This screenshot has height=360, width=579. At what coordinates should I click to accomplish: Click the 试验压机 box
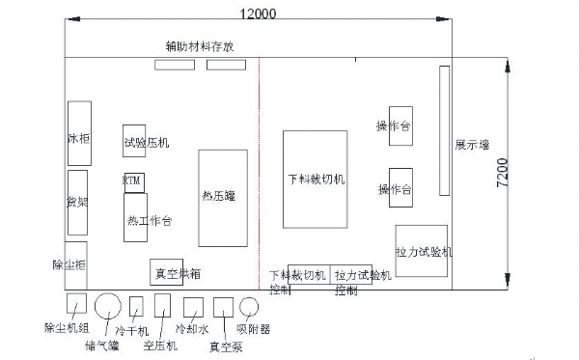(145, 142)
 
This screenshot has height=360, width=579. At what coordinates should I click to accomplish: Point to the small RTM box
(132, 180)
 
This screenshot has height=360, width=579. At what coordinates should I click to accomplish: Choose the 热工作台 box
(136, 219)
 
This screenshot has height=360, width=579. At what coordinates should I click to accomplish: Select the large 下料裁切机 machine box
(315, 179)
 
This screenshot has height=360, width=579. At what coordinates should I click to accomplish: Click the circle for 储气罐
(108, 307)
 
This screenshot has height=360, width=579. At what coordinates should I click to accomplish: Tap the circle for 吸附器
(249, 307)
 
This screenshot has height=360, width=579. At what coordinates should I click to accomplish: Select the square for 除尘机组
(75, 305)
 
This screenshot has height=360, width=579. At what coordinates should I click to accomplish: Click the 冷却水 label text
(192, 328)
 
